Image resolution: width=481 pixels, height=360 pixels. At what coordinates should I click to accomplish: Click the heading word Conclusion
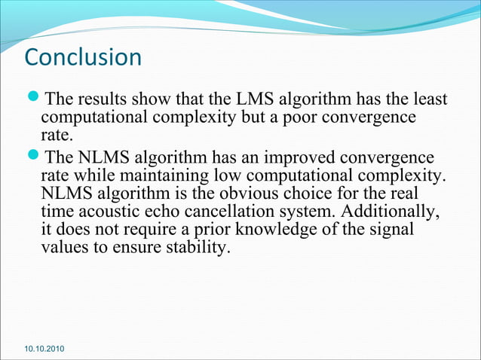click(x=83, y=57)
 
